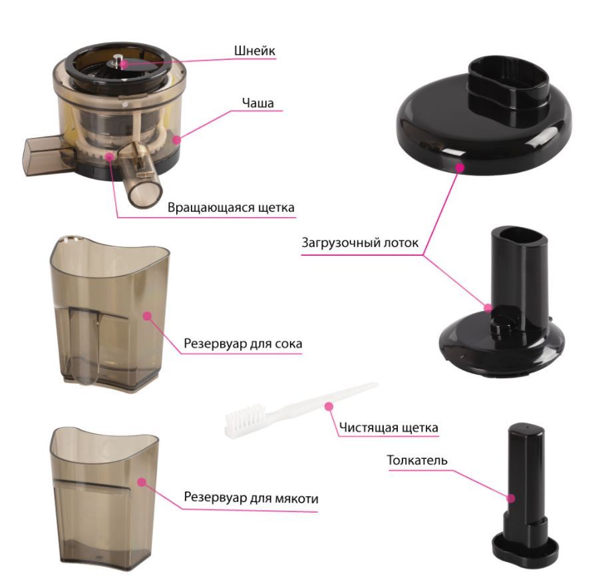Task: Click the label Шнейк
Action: (x=255, y=51)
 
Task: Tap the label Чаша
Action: (x=257, y=103)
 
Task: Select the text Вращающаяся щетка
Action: (x=231, y=208)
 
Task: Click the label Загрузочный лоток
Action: (x=360, y=243)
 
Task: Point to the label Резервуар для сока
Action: (x=243, y=343)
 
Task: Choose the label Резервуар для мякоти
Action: (x=251, y=497)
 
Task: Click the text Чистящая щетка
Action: (x=388, y=428)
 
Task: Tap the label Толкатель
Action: (x=417, y=460)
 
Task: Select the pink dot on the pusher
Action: (x=511, y=499)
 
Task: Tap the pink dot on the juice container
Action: (x=146, y=316)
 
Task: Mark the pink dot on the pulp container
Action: (x=142, y=481)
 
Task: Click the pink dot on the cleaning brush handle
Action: (x=329, y=406)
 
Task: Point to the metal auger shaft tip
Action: (x=117, y=59)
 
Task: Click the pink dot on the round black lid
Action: (x=460, y=167)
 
